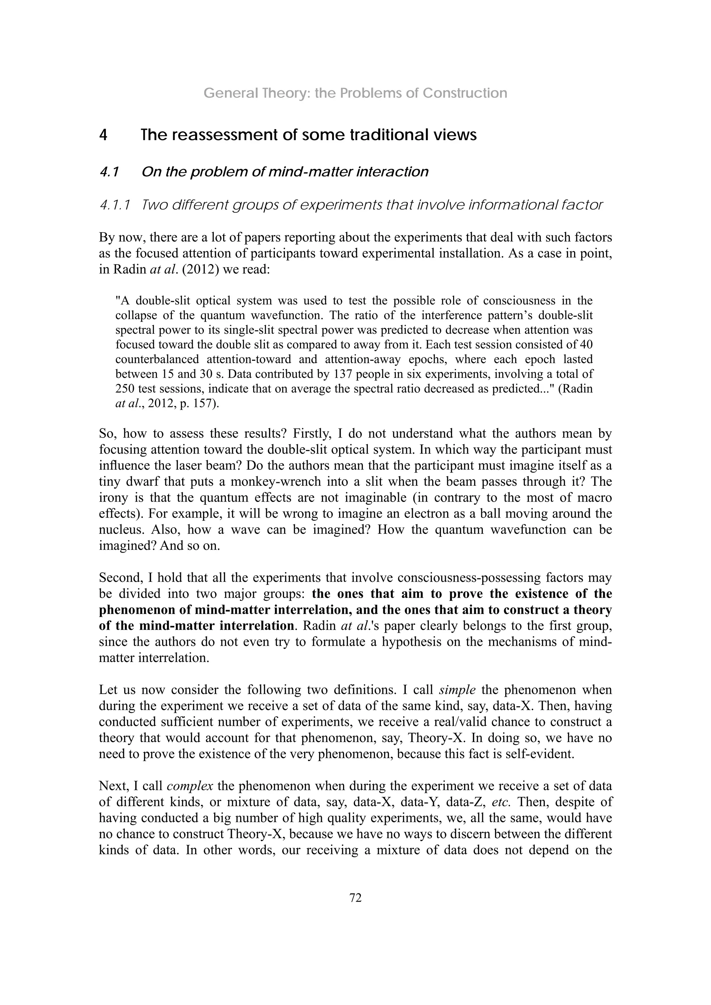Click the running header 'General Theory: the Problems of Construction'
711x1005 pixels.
355,93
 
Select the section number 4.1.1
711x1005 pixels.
115,205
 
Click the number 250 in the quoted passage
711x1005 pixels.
124,389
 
